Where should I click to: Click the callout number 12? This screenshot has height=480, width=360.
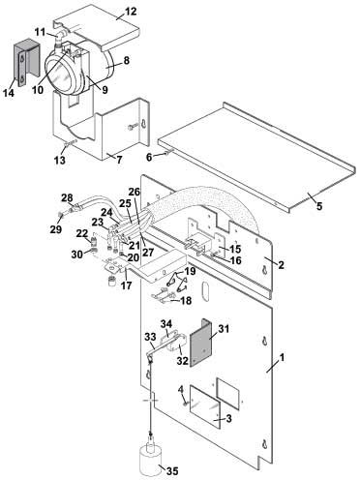131,12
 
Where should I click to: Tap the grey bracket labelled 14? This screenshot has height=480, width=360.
26,63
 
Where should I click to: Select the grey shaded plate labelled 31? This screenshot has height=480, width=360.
200,343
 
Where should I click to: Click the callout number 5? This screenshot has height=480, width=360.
319,206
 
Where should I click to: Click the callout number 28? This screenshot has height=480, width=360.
67,197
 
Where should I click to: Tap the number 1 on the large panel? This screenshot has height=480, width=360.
282,357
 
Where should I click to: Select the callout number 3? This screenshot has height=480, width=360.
228,419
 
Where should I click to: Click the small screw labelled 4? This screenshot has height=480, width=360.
186,404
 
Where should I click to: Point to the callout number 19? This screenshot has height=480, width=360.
190,271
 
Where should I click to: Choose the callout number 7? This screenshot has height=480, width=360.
119,160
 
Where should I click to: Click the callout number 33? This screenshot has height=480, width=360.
149,337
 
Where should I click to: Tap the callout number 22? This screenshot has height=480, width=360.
82,233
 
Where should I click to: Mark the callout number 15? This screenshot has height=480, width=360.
235,249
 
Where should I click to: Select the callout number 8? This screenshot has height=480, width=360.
126,60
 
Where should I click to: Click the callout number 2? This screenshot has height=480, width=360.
281,265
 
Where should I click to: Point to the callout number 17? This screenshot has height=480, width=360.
126,285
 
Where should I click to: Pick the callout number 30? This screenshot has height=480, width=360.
77,255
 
